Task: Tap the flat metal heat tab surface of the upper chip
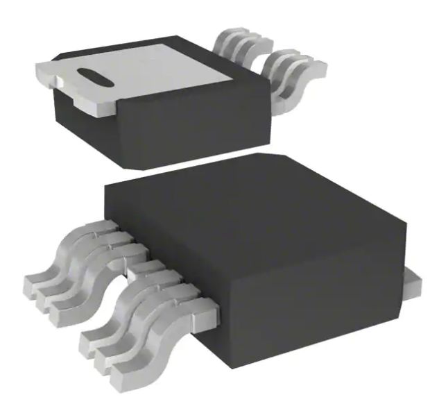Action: tap(160, 66)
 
